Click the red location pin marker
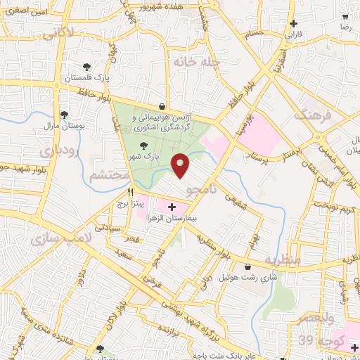point(181,165)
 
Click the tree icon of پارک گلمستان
point(86,67)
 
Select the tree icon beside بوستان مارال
point(65,115)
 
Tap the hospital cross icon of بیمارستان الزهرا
point(172,207)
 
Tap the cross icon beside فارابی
point(293,23)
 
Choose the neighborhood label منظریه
point(282,259)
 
